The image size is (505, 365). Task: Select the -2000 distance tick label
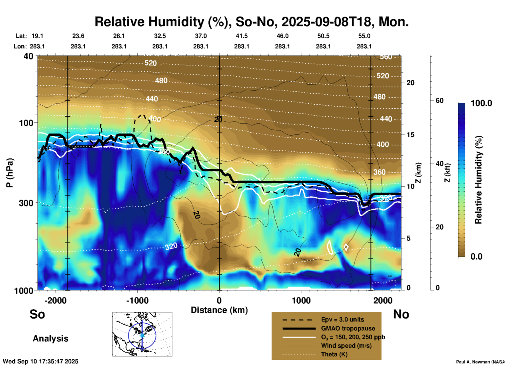pyautogui.click(x=55, y=300)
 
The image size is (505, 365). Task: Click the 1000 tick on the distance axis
pyautogui.click(x=301, y=300)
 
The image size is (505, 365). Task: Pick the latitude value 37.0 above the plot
pyautogui.click(x=201, y=36)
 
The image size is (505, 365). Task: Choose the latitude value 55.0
pyautogui.click(x=364, y=36)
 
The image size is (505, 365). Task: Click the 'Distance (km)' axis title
pyautogui.click(x=219, y=310)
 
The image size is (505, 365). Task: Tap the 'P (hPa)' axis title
pyautogui.click(x=10, y=173)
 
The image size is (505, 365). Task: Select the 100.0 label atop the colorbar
pyautogui.click(x=481, y=103)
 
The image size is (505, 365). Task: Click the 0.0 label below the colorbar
pyautogui.click(x=476, y=256)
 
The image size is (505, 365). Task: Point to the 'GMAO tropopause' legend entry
pyautogui.click(x=348, y=328)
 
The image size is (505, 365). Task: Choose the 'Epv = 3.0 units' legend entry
pyautogui.click(x=342, y=320)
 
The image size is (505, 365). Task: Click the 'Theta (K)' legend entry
pyautogui.click(x=334, y=354)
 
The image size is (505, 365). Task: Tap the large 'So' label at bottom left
pyautogui.click(x=37, y=314)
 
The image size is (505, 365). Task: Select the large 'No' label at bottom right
pyautogui.click(x=401, y=314)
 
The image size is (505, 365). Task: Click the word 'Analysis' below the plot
pyautogui.click(x=50, y=339)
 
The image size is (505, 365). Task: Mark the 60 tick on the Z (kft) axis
pyautogui.click(x=439, y=101)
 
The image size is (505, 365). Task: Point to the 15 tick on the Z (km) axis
pyautogui.click(x=410, y=135)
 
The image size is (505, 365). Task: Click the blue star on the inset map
pyautogui.click(x=142, y=335)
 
